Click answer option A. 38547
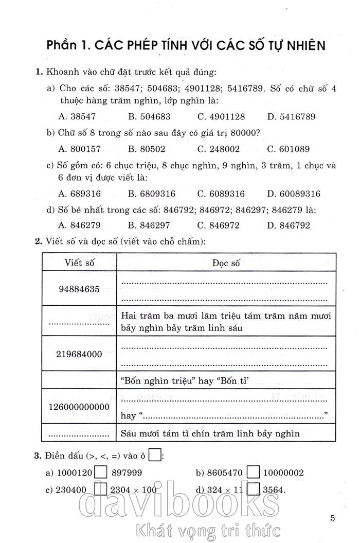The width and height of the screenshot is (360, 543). [77, 117]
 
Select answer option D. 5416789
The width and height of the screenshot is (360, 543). [291, 117]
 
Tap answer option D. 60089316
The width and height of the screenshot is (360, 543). [294, 194]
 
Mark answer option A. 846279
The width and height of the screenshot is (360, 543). [80, 225]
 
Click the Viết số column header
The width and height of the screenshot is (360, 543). [79, 262]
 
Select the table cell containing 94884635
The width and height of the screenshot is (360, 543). [79, 289]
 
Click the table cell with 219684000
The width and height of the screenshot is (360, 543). [79, 354]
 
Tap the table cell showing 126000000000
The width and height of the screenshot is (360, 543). [79, 407]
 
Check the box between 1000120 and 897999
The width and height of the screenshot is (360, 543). [101, 472]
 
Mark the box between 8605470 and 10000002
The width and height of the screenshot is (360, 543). [252, 472]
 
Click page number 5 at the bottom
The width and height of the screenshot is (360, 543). [333, 517]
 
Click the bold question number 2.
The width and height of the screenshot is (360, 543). [38, 241]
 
